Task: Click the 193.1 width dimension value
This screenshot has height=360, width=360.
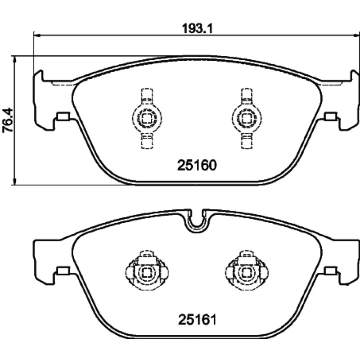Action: [198, 29]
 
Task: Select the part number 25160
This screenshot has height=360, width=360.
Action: [197, 165]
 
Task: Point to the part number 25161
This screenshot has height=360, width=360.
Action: [198, 319]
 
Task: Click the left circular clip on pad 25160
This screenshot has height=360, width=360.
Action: [147, 118]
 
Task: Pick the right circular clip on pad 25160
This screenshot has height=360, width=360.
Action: [247, 118]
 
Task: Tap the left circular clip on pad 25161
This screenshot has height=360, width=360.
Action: [147, 273]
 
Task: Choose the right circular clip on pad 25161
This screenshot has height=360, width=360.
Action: [247, 273]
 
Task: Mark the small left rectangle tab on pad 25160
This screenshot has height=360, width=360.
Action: [63, 116]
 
